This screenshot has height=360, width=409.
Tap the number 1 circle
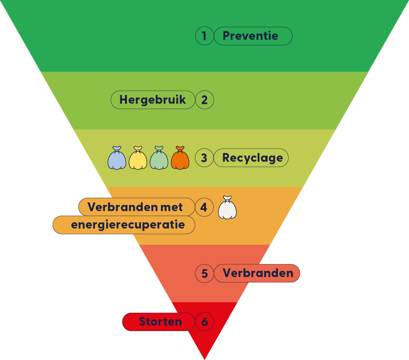pos(204,36)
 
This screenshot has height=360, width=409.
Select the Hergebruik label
pos(153,100)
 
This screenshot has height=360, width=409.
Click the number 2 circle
pos(204,100)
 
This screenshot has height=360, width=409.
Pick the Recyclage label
pos(251,158)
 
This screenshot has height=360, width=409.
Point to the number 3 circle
pos(204,158)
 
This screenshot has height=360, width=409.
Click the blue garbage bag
pos(117,159)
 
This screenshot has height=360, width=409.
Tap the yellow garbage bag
pos(138,159)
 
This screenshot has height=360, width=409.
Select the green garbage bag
pos(159,159)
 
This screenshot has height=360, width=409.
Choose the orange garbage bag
pos(180,159)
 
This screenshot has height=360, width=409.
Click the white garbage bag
pos(227,209)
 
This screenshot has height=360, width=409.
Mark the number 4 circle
pos(204,207)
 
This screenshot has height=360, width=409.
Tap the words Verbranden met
pos(136,207)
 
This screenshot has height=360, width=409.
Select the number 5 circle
pos(204,273)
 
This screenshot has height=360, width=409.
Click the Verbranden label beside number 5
pos(257,273)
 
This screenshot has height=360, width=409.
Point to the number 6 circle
pos(204,322)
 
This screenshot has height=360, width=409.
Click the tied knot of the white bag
pos(227,199)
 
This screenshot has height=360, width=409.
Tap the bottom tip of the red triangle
pos(204,358)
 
